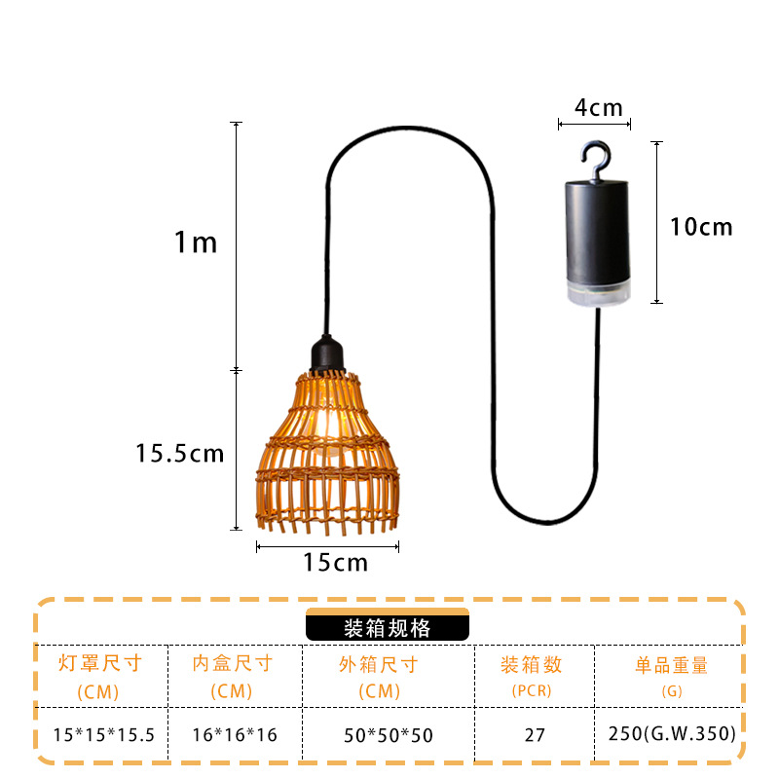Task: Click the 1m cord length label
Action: [x=196, y=242]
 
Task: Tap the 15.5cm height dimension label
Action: [x=180, y=453]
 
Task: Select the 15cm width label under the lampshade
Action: [x=335, y=562]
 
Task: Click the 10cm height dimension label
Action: [x=701, y=228]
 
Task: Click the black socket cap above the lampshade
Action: [x=324, y=354]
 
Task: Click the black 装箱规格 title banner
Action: [x=388, y=628]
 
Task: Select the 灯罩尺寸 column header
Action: [x=100, y=665]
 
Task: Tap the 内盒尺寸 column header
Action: [x=233, y=665]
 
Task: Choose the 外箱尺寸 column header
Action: [x=379, y=665]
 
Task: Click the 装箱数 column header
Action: [x=532, y=665]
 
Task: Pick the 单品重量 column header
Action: [x=672, y=665]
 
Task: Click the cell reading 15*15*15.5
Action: [x=103, y=734]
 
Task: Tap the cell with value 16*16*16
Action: [x=234, y=734]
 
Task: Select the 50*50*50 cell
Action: [x=387, y=734]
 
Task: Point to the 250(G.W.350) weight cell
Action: [x=672, y=733]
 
